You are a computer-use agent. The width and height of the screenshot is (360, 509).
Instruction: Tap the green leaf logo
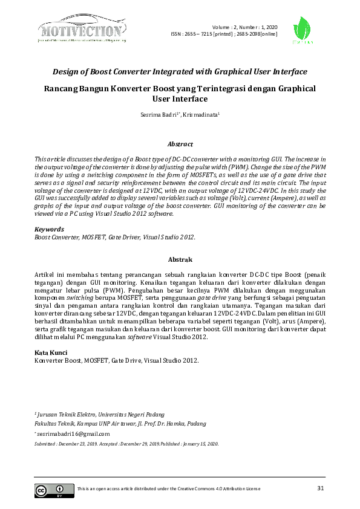(303, 30)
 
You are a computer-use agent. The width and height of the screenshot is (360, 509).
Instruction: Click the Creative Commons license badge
(50, 490)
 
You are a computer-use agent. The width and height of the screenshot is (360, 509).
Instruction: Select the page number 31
(321, 488)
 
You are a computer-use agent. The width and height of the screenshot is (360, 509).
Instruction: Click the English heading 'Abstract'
(180, 144)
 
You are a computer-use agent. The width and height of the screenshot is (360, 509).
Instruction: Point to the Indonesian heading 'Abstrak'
(180, 259)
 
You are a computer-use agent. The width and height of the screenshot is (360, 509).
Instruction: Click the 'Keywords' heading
(49, 230)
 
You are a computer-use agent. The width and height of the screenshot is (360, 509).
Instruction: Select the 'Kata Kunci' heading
(51, 352)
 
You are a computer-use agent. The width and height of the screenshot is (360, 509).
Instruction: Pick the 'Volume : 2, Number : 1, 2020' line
(244, 27)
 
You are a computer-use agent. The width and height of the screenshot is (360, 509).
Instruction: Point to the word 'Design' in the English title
(68, 71)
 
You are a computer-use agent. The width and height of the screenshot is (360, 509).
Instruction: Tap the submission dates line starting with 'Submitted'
(126, 444)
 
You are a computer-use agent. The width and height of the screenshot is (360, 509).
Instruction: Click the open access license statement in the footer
(169, 488)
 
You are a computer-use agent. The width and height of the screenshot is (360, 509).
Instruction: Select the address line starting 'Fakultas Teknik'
(120, 424)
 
